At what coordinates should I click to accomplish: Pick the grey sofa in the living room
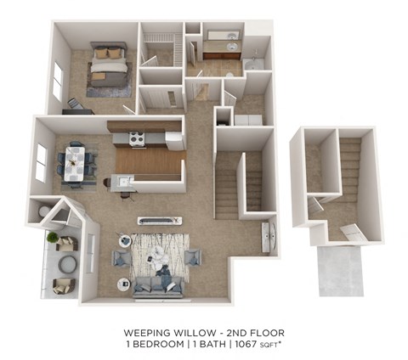[157, 285]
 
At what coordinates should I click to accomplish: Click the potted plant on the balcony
[53, 239]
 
